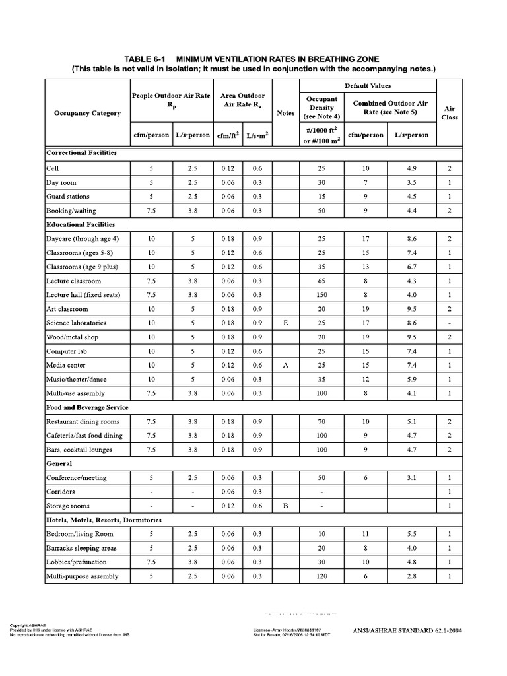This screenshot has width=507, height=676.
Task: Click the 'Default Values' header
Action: coord(367,86)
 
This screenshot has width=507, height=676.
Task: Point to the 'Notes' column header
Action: coord(286,113)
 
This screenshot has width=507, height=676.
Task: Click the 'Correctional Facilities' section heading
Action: coord(81,152)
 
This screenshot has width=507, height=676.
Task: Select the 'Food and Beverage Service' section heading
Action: coord(87,407)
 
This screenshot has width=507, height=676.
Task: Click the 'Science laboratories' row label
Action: coord(76,323)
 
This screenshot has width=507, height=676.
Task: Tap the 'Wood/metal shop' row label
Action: coord(71,337)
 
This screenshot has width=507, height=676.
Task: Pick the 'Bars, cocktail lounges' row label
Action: coord(79,450)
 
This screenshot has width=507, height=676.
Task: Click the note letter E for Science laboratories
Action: coord(286,323)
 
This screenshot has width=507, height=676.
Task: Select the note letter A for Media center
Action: coord(286,365)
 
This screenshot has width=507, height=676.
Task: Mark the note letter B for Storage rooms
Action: coord(286,506)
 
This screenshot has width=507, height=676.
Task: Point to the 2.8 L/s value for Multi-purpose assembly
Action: coord(411,576)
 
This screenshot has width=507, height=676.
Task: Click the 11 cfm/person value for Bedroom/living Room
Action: coord(365,534)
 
